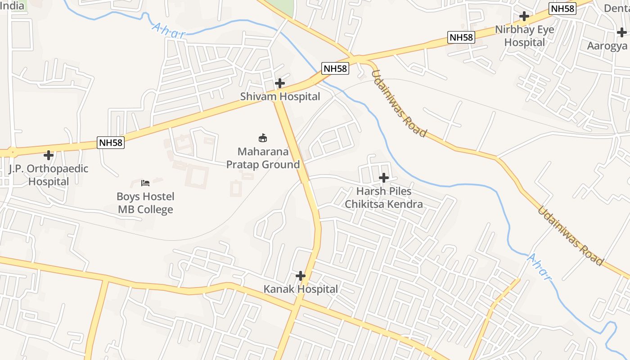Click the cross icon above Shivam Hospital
[280, 83]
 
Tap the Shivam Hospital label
[280, 96]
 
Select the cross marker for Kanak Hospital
[301, 275]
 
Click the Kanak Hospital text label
[301, 289]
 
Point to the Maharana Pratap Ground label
[263, 158]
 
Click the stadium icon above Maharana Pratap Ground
[263, 138]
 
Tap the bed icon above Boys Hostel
[145, 183]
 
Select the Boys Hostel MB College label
[145, 203]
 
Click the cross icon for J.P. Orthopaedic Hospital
[49, 155]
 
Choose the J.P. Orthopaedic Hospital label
[49, 175]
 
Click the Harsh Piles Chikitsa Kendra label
[384, 198]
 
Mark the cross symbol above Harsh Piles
[384, 178]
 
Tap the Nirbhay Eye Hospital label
[524, 36]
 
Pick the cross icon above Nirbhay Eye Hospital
[524, 16]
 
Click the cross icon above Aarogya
[622, 32]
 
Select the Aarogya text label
[607, 46]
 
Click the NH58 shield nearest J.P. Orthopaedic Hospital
[111, 143]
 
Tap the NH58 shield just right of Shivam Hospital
[336, 68]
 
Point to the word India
[12, 5]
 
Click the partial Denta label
[616, 8]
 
